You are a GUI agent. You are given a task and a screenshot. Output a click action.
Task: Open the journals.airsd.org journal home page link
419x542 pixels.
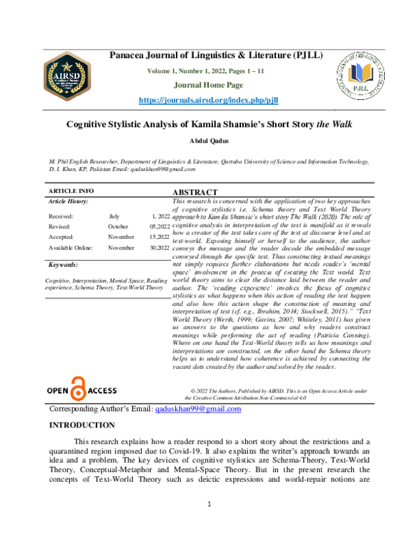point(209,100)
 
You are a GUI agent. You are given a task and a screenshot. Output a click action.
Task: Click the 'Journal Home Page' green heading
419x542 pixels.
point(209,86)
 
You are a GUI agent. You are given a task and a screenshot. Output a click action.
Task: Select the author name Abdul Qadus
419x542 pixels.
point(209,142)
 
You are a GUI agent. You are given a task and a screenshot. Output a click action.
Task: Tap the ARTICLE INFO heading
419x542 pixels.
point(71,191)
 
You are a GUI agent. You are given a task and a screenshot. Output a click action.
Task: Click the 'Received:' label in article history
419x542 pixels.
point(61,217)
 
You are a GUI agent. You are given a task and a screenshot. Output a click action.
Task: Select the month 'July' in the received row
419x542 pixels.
point(115,217)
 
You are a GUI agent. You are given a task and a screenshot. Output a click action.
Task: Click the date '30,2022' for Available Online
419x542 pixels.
point(159,248)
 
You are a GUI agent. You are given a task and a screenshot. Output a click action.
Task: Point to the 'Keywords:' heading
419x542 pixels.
point(65,265)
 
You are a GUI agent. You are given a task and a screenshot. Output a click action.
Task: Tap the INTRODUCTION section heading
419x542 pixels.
point(80,425)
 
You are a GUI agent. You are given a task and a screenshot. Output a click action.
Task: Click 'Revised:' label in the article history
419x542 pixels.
point(59,227)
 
